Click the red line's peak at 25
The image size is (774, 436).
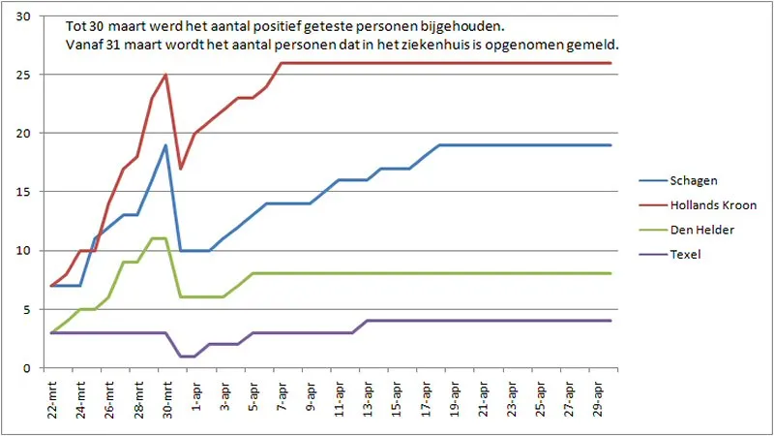[x=166, y=75]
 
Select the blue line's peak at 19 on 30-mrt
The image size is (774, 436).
[x=166, y=145]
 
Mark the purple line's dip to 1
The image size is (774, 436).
[x=188, y=357]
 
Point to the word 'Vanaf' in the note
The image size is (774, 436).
[x=84, y=46]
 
